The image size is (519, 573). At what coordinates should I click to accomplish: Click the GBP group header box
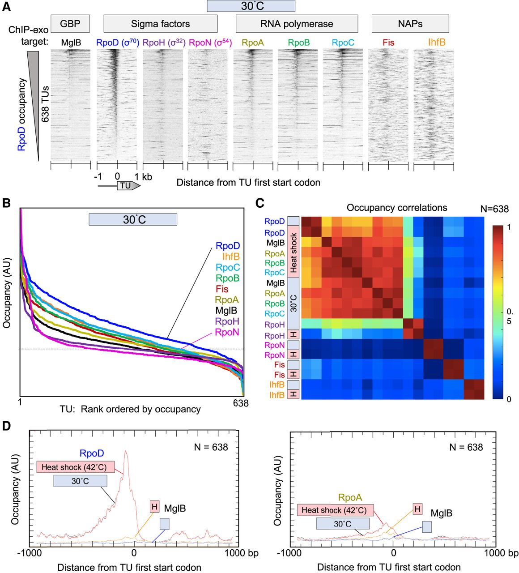pos(70,24)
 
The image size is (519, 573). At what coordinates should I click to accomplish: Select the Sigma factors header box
pos(160,24)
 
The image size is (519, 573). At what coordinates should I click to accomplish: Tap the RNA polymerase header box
pos(297,24)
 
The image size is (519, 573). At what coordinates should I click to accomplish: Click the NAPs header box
pos(410,24)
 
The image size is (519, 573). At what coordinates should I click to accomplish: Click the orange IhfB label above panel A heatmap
pos(437,43)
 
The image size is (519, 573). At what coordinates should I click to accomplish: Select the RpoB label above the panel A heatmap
pos(299,43)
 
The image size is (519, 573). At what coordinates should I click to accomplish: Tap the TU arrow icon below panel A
pos(128,185)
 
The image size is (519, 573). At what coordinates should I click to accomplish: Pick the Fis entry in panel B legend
pos(222,289)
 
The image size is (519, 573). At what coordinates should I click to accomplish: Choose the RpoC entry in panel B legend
pos(227,268)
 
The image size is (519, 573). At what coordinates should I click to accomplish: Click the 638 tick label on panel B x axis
pos(241,403)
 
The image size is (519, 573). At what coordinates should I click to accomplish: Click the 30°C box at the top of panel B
pos(132,220)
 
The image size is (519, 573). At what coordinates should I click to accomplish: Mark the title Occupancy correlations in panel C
pos(396,208)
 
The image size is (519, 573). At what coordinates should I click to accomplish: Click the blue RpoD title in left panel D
pos(92,454)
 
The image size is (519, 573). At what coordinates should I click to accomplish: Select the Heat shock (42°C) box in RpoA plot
pos(334,510)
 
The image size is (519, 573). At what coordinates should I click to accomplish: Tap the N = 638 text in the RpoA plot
pos(466,447)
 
